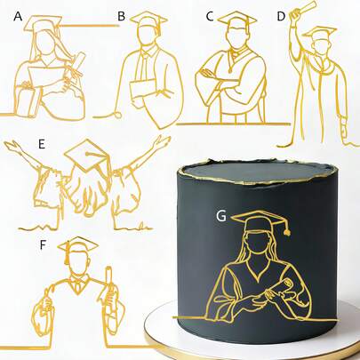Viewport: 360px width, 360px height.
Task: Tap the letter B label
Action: click(122, 16)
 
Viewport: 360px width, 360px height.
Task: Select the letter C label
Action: click(210, 16)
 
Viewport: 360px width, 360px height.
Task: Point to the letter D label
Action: click(281, 16)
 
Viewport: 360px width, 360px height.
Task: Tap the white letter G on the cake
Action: click(221, 215)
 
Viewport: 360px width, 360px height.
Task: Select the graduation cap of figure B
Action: click(149, 20)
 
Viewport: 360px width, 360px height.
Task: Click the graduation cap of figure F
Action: click(81, 244)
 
